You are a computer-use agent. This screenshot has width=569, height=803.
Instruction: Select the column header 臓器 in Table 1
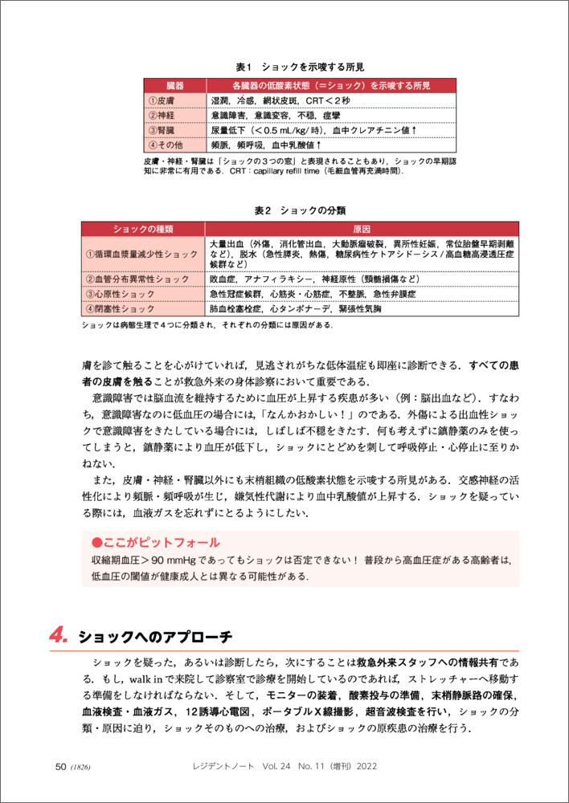[x=175, y=85]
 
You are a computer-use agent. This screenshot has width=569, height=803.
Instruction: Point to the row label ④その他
[x=166, y=145]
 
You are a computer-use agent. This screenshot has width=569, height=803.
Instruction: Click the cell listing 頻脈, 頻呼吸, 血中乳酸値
[x=266, y=145]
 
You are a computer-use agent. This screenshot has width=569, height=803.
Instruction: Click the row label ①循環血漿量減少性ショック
[x=141, y=255]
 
